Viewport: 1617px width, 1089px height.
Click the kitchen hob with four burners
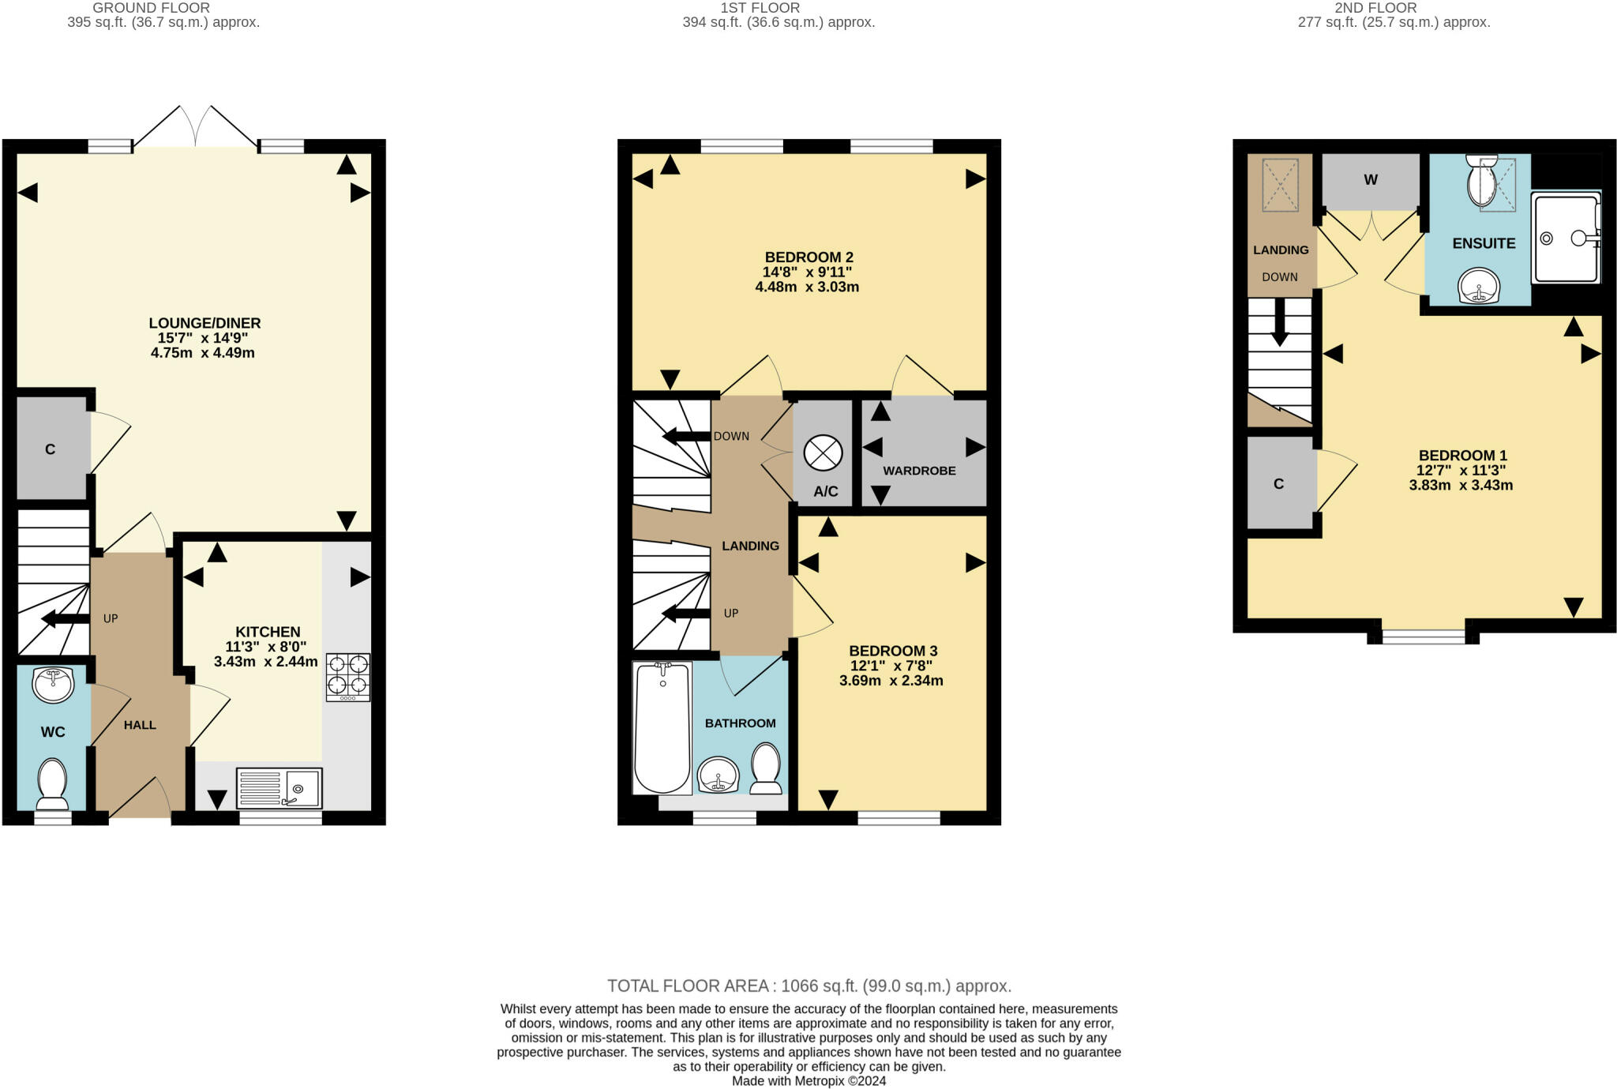[x=347, y=677]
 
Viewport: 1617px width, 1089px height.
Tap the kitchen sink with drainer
[x=279, y=788]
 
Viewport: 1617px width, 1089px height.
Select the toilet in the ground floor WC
[x=53, y=784]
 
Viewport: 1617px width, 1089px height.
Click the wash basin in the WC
[x=53, y=684]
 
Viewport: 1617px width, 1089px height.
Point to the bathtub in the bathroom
[x=662, y=727]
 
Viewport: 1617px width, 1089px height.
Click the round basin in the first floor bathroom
[x=718, y=775]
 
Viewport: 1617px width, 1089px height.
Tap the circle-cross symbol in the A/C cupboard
[x=823, y=453]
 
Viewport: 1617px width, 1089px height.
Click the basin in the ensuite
[x=1479, y=286]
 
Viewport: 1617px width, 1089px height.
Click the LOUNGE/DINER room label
[x=204, y=323]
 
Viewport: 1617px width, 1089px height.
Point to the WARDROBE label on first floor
[x=919, y=471]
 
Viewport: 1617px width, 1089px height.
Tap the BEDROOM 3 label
[x=893, y=651]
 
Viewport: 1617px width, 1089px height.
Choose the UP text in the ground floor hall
[x=111, y=618]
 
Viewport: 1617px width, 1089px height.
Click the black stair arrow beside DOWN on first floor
[x=686, y=436]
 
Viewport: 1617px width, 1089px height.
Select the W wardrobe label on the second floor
[x=1371, y=180]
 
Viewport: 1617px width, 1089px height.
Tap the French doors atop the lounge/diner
[x=195, y=126]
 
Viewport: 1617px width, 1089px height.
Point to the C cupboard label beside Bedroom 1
[x=1278, y=484]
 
